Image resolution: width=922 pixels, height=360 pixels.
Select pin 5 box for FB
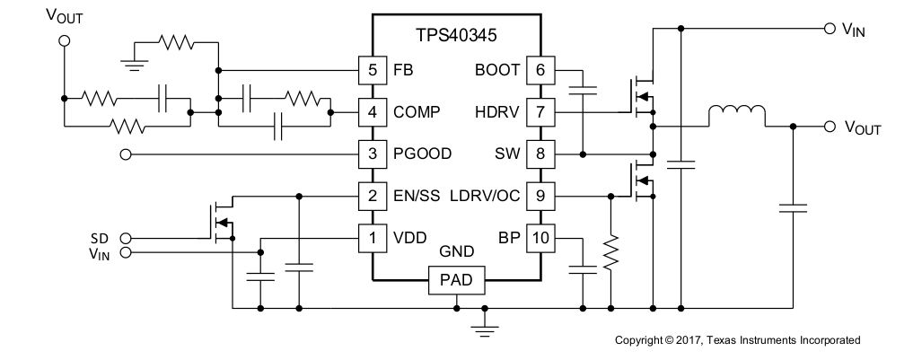(x=373, y=70)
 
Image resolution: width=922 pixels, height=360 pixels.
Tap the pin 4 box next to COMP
(x=373, y=112)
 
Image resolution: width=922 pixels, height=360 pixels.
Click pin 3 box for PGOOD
(x=373, y=154)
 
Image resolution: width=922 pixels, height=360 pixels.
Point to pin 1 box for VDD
(x=373, y=239)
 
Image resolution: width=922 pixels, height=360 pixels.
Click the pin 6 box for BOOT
(x=540, y=70)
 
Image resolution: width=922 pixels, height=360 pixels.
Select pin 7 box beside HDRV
(x=540, y=112)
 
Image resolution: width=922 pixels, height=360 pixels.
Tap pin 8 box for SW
(x=540, y=154)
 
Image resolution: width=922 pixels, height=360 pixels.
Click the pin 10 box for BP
(x=540, y=239)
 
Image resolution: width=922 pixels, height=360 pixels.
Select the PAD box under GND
(x=456, y=282)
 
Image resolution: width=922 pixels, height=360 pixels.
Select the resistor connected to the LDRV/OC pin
(x=610, y=253)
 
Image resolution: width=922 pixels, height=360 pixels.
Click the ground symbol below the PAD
(x=485, y=330)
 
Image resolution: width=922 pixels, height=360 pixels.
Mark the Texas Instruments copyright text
(x=737, y=340)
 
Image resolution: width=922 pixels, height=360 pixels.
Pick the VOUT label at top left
(x=63, y=16)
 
